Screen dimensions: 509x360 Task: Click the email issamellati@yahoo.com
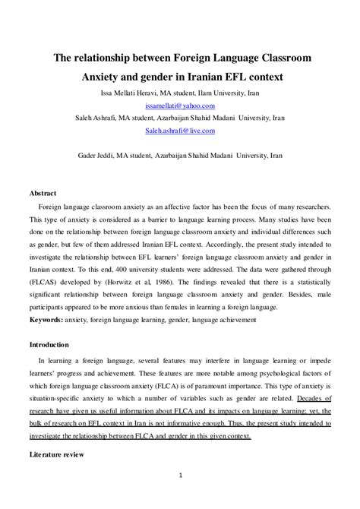click(180, 106)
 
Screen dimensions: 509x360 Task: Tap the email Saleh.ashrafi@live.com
click(180, 131)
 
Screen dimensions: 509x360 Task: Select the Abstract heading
click(43, 194)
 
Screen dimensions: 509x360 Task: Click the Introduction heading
click(49, 344)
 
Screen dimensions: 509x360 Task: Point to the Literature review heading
click(57, 454)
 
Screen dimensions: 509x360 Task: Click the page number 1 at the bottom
click(180, 476)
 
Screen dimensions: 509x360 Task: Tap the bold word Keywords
click(46, 320)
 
